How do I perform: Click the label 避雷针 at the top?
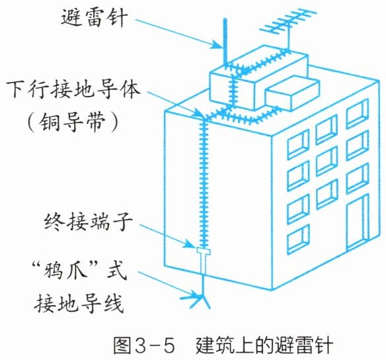(95, 17)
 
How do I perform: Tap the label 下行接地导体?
(73, 89)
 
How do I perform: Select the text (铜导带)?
(73, 122)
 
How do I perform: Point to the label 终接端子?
(88, 222)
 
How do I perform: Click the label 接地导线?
(79, 303)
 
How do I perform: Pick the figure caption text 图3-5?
(144, 345)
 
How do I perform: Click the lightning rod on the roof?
(225, 42)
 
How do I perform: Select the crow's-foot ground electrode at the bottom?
(202, 297)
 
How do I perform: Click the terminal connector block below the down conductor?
(203, 260)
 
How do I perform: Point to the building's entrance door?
(358, 222)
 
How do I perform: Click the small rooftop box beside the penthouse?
(292, 93)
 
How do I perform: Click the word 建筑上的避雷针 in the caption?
(264, 345)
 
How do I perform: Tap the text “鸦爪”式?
(79, 270)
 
